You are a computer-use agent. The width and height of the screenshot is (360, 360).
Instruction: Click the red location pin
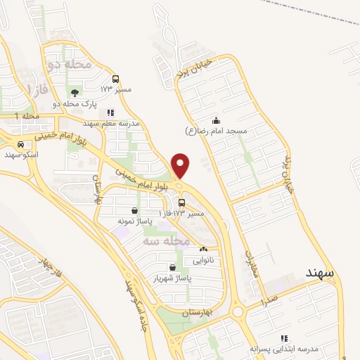coord(181,165)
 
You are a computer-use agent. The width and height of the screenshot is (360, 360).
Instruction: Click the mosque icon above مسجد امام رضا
coord(217,120)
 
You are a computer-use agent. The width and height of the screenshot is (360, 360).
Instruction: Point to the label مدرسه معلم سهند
coord(110,123)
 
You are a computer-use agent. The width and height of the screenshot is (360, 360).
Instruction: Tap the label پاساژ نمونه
coord(134,221)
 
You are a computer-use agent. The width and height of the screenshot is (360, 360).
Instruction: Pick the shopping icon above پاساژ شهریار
coord(172,267)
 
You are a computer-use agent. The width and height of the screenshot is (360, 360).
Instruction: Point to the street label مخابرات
coord(254,264)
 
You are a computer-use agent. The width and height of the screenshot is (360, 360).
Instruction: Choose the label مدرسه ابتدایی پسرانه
coord(284,348)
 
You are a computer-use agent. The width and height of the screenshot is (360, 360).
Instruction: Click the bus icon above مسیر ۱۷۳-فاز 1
coord(182,202)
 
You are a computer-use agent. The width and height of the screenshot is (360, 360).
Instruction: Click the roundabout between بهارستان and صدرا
coord(238,311)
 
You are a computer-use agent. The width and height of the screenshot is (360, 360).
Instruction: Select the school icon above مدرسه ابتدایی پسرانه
coord(284,337)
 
